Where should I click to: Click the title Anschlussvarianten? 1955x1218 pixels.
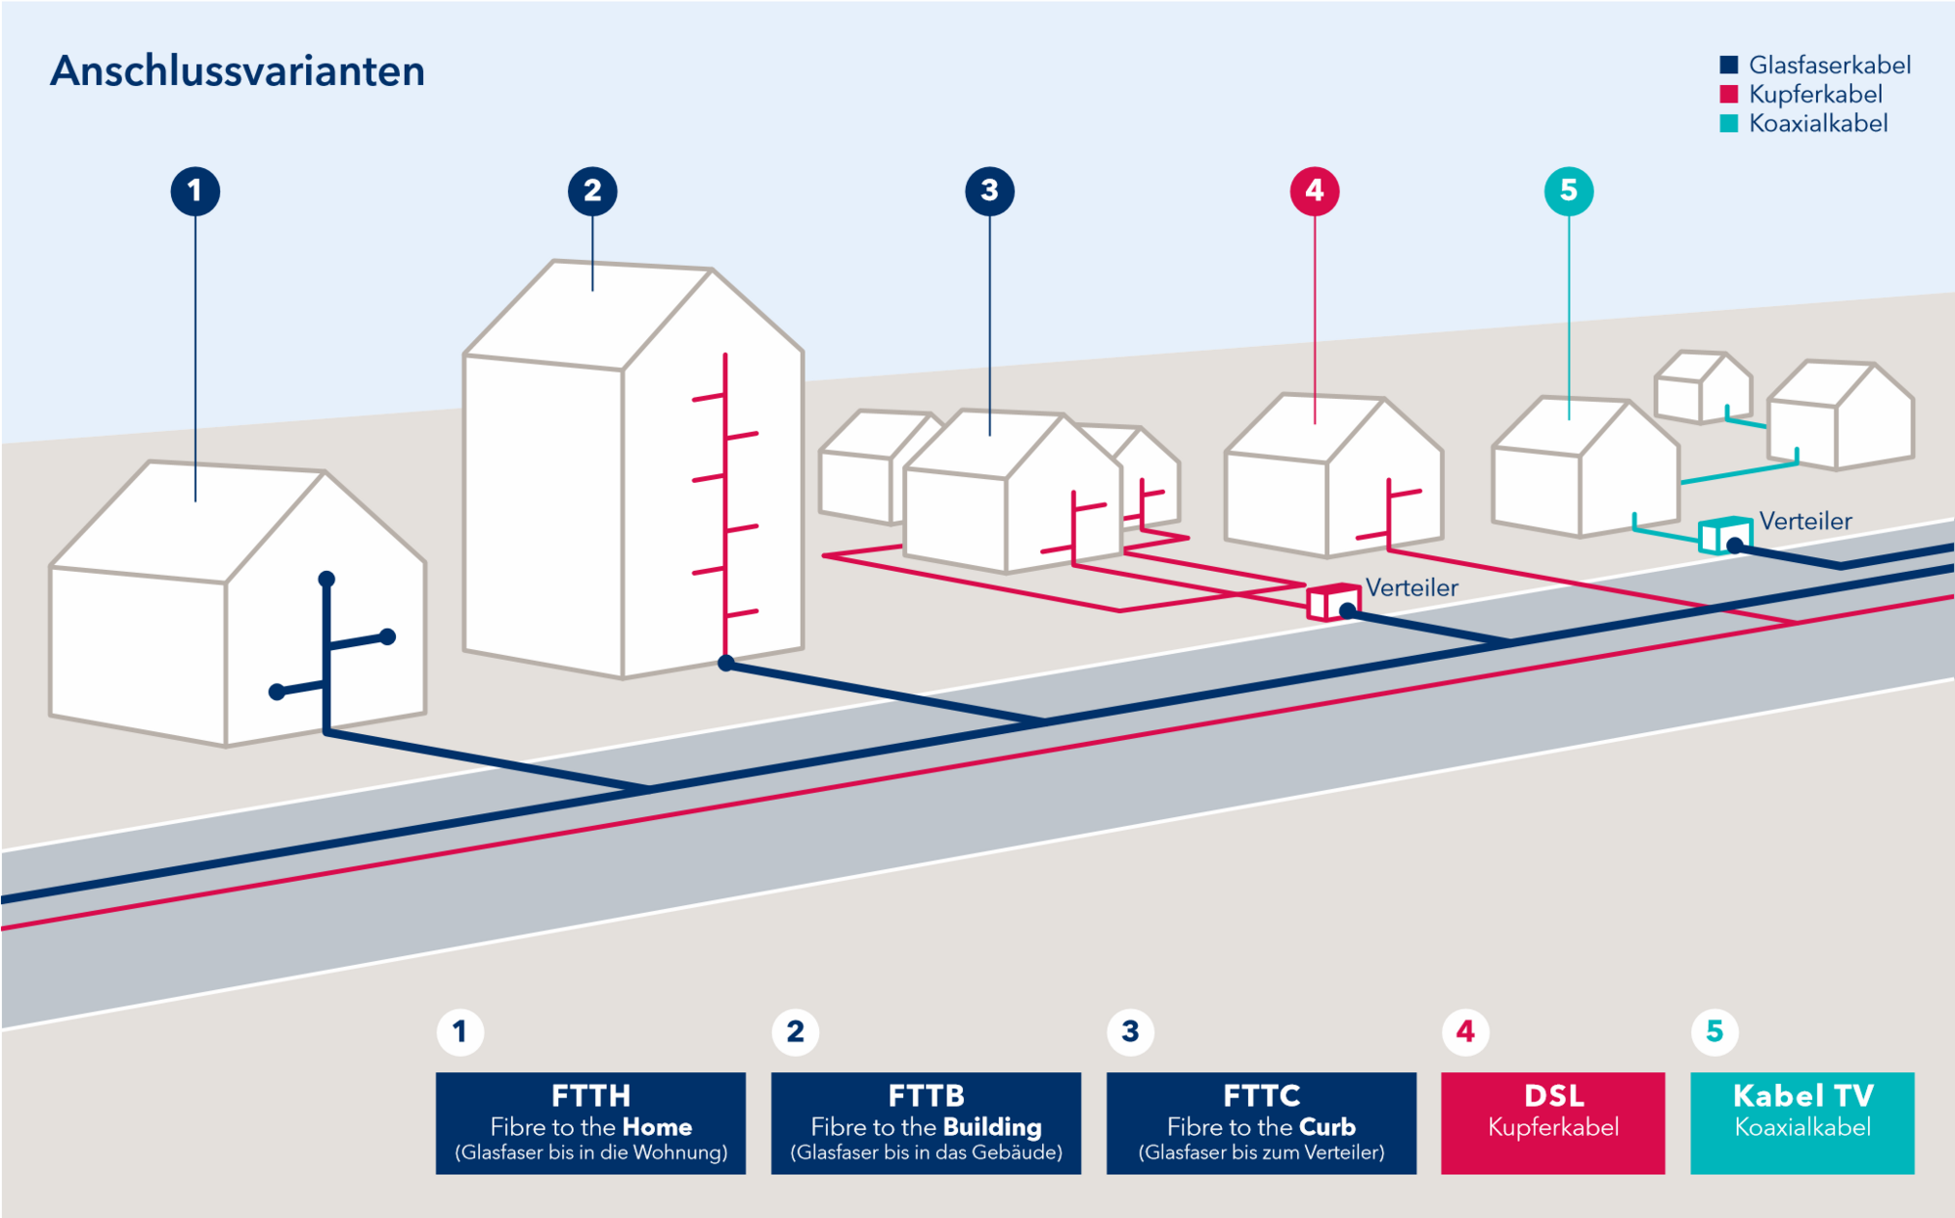pyautogui.click(x=238, y=71)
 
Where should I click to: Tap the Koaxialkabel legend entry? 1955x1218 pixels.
pyautogui.click(x=1803, y=124)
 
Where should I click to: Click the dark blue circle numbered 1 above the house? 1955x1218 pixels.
pyautogui.click(x=195, y=191)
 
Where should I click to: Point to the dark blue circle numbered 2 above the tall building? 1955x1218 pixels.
pyautogui.click(x=592, y=191)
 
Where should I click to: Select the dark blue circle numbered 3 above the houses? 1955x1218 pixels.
pyautogui.click(x=989, y=191)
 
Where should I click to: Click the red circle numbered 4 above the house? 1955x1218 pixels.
pyautogui.click(x=1315, y=191)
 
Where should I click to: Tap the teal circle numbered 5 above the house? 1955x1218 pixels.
pyautogui.click(x=1569, y=191)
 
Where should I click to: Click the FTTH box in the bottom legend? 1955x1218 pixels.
pyautogui.click(x=590, y=1123)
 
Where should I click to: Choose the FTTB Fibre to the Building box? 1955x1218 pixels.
pyautogui.click(x=926, y=1123)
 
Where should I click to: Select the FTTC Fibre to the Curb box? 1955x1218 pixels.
pyautogui.click(x=1261, y=1123)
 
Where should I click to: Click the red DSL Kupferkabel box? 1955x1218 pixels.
pyautogui.click(x=1552, y=1123)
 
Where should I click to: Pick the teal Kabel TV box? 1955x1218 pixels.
pyautogui.click(x=1803, y=1123)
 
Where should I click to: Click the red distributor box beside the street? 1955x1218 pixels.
pyautogui.click(x=1332, y=602)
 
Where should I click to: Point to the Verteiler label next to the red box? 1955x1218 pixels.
pyautogui.click(x=1412, y=587)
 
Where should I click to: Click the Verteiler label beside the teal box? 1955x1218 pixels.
pyautogui.click(x=1805, y=521)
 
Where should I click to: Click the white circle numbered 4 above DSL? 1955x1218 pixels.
pyautogui.click(x=1465, y=1031)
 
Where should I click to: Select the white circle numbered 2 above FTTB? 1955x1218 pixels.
pyautogui.click(x=795, y=1031)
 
